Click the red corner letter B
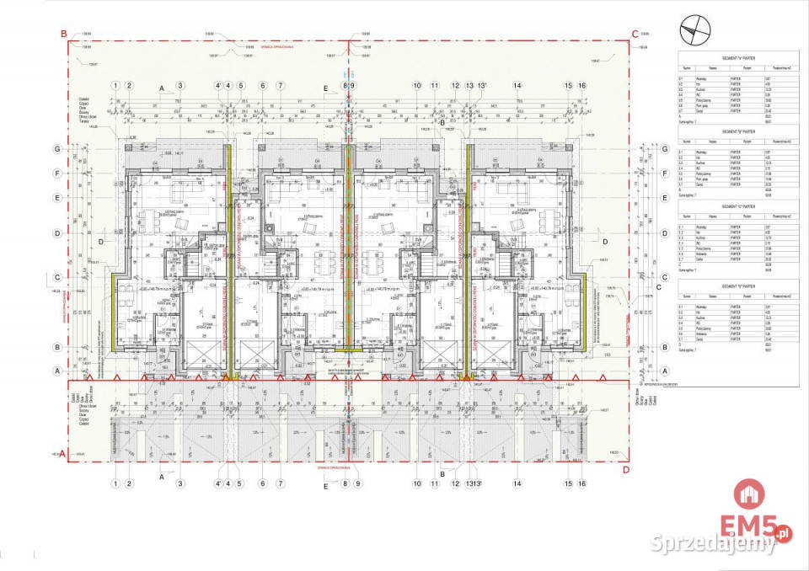point(62,34)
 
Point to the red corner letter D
point(624,470)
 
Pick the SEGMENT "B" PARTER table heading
point(737,131)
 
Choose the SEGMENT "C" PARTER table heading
point(737,206)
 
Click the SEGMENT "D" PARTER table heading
point(737,286)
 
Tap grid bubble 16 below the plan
point(581,483)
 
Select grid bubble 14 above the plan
point(517,85)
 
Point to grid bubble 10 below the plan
point(416,483)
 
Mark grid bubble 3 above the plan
point(179,85)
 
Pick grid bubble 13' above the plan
point(483,85)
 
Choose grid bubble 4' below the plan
point(218,483)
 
